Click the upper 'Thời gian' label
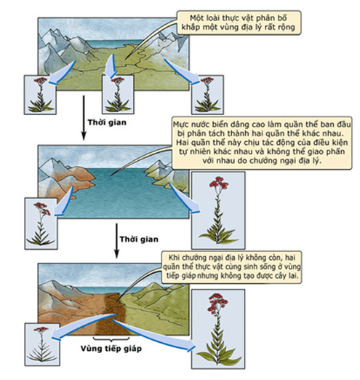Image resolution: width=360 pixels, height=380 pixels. click(107, 122)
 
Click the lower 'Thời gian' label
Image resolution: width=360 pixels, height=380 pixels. click(139, 240)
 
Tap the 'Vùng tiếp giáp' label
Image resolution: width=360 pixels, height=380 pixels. click(111, 349)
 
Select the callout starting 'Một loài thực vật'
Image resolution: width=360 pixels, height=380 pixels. click(239, 23)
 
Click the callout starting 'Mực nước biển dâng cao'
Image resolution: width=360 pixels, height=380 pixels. click(262, 143)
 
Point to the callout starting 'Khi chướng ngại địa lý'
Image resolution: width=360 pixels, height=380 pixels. click(232, 267)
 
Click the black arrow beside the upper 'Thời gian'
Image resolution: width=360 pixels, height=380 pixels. click(84, 118)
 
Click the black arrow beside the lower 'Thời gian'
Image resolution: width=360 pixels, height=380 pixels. click(116, 241)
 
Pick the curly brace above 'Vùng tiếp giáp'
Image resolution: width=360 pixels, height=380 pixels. click(111, 339)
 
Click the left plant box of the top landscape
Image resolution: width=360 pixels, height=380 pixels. click(40, 95)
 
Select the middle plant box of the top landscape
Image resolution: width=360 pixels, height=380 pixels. click(118, 94)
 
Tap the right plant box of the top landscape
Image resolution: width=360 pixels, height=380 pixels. click(207, 95)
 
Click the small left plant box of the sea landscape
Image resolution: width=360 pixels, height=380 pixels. click(41, 223)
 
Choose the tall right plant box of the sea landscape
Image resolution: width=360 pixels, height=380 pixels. click(218, 210)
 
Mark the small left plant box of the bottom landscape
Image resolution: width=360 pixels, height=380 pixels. click(42, 344)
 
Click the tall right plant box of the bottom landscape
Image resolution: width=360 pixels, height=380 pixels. click(218, 329)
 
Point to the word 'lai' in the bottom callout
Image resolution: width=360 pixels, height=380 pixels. click(293, 276)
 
